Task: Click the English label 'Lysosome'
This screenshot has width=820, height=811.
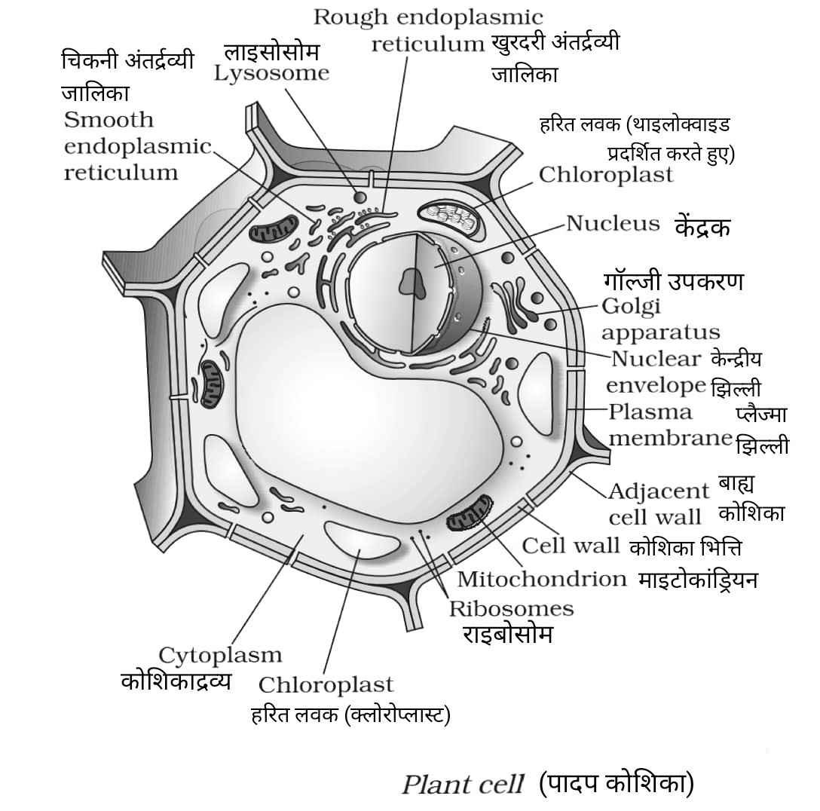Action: point(271,74)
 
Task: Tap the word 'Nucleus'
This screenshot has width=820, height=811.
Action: point(613,224)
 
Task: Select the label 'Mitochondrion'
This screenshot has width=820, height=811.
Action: point(541,579)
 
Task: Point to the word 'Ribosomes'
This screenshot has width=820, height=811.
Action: point(511,608)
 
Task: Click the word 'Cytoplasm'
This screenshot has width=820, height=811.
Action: point(220,655)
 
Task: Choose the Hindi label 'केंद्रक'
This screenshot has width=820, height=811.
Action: point(702,227)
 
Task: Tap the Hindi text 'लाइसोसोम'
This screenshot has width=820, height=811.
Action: point(271,52)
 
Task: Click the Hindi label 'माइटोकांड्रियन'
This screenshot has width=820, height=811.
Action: point(698,580)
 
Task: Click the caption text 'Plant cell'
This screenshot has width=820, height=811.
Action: point(462,785)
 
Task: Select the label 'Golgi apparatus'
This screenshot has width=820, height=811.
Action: point(659,319)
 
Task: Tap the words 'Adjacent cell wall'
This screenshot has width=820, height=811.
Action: point(658,504)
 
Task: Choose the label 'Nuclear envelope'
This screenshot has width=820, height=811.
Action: point(656,372)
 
